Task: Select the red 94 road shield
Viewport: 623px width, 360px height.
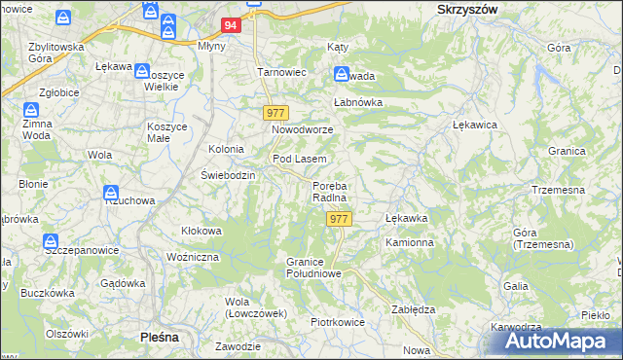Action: coord(230,26)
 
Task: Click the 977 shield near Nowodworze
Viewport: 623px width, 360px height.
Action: coord(275,114)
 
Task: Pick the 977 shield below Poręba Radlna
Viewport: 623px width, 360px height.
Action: coord(338,219)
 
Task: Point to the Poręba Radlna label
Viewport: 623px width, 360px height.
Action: coord(330,192)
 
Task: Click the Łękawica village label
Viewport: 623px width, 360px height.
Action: coord(476,126)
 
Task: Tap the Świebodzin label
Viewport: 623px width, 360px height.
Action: coord(228,175)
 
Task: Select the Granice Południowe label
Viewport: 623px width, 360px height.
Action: coord(312,268)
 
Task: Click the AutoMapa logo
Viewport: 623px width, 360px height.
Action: coord(560,341)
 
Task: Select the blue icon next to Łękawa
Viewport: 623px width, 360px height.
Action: coord(142,71)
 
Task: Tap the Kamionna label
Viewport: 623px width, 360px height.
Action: coord(409,241)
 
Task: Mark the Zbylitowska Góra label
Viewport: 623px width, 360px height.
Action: coord(55,53)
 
